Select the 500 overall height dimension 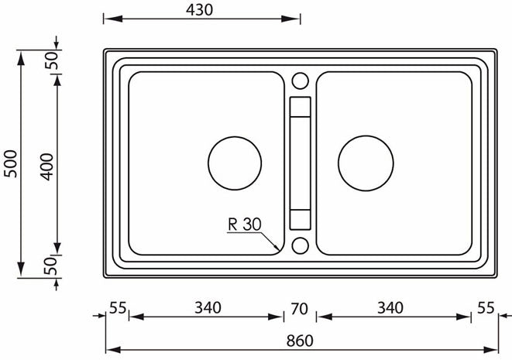tap(9, 163)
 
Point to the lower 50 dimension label tap(52, 267)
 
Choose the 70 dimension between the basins tap(299, 308)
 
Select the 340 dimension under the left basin tap(205, 307)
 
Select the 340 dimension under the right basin tap(390, 307)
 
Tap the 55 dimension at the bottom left tap(118, 307)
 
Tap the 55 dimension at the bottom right tap(486, 307)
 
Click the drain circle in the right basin tap(366, 163)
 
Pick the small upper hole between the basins tap(300, 81)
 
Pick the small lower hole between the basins tap(300, 246)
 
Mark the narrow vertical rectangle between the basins tap(300, 163)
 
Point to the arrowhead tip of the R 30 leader tap(280, 250)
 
